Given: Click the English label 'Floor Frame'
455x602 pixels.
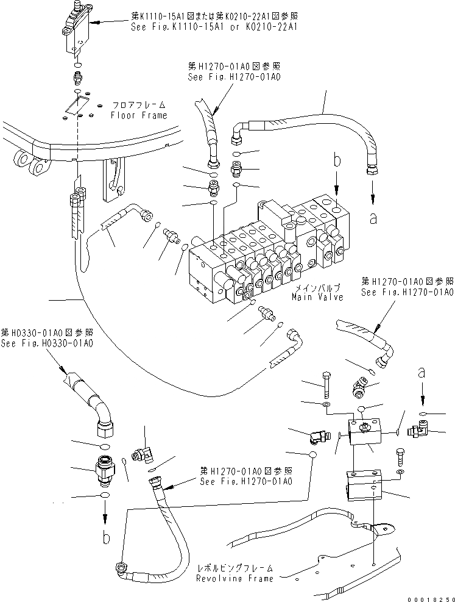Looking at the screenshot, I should [138, 115].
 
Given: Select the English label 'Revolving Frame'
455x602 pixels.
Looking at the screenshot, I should [235, 578].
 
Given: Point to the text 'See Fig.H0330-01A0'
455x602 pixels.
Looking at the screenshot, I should [47, 343].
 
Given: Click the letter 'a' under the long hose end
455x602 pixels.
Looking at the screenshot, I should [373, 220].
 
